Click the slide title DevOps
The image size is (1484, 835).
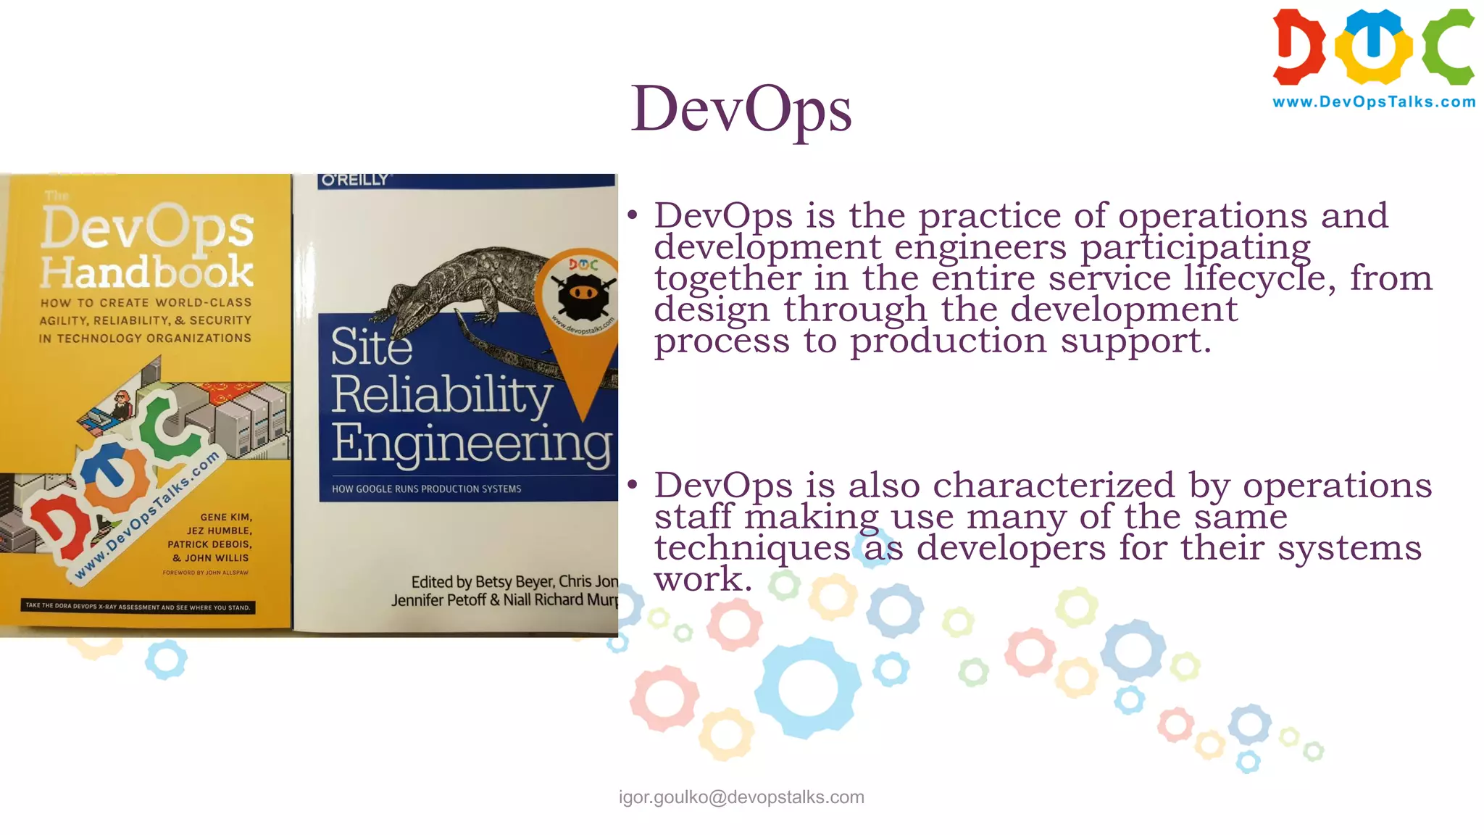click(741, 109)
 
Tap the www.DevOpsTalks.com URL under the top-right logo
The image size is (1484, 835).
click(1374, 102)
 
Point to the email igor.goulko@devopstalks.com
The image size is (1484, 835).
click(741, 797)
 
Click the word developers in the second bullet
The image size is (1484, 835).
click(1011, 547)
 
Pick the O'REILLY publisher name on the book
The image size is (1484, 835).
click(355, 180)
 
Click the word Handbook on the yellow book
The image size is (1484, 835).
click(147, 272)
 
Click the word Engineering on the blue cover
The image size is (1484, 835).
click(472, 443)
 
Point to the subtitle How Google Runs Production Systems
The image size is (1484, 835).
click(426, 489)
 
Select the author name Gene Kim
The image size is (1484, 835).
click(226, 518)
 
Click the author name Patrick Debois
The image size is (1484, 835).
click(209, 544)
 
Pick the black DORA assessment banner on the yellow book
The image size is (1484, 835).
click(138, 607)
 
